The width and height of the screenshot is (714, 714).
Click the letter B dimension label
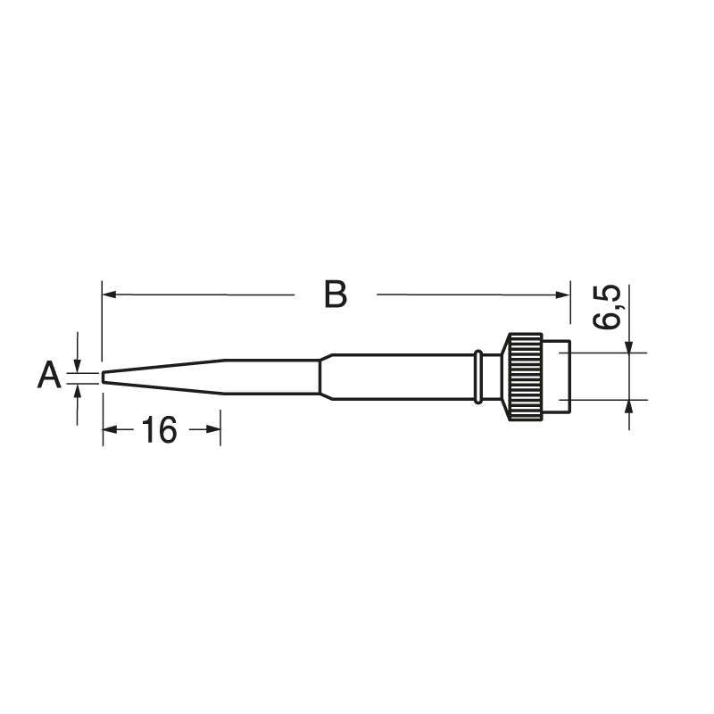[x=336, y=295]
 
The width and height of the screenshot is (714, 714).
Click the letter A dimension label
[x=49, y=375]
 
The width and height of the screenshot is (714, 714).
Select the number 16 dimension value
[x=159, y=430]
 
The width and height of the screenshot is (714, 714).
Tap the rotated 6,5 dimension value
[x=607, y=307]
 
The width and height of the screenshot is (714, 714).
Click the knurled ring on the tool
[x=526, y=377]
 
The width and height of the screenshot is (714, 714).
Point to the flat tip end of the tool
[x=103, y=377]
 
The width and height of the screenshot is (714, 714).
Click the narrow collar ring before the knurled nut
[x=477, y=377]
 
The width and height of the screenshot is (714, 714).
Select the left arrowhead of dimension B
[x=109, y=295]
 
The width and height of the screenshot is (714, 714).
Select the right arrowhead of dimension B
[x=563, y=295]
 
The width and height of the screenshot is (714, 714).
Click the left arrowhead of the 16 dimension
[x=109, y=429]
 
